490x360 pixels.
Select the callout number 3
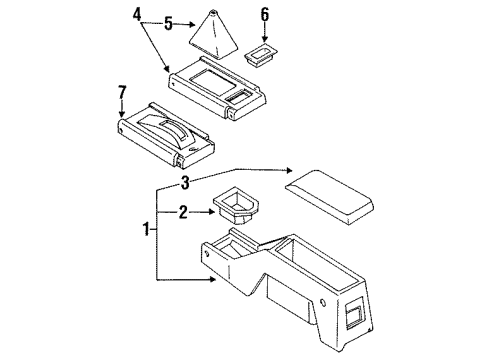[185, 182]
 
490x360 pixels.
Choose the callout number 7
[122, 93]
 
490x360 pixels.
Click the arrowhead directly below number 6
[265, 37]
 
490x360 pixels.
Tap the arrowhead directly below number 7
[122, 118]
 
